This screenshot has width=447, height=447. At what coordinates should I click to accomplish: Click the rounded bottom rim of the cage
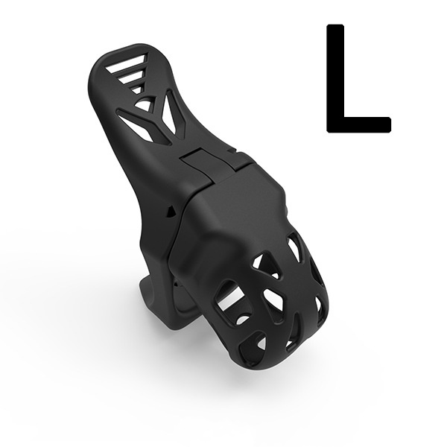coord(283,358)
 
